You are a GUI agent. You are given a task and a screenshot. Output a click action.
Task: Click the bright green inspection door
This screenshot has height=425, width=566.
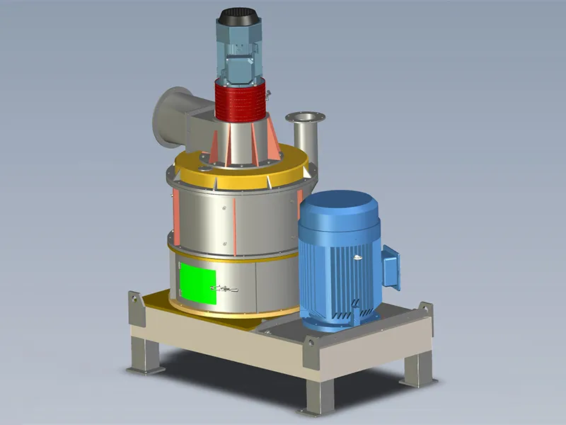pyautogui.click(x=197, y=282)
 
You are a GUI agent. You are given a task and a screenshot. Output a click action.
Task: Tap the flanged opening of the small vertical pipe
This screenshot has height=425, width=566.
pyautogui.click(x=303, y=118)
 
